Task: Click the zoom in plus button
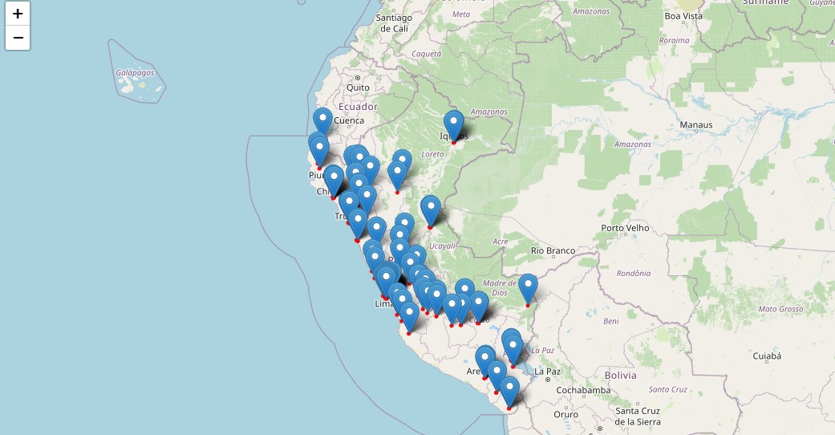click(18, 14)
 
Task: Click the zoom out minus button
click(18, 38)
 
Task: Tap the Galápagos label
click(134, 72)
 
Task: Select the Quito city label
click(358, 87)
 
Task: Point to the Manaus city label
click(695, 125)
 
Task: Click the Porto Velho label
click(625, 228)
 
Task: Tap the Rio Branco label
click(553, 250)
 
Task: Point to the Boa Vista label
click(683, 15)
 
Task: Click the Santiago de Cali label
click(393, 22)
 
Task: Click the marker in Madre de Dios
click(528, 288)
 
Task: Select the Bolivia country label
click(620, 375)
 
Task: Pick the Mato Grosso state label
click(780, 308)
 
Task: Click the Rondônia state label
click(634, 273)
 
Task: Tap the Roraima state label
click(673, 39)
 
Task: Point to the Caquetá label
click(426, 54)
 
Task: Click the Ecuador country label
click(358, 106)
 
